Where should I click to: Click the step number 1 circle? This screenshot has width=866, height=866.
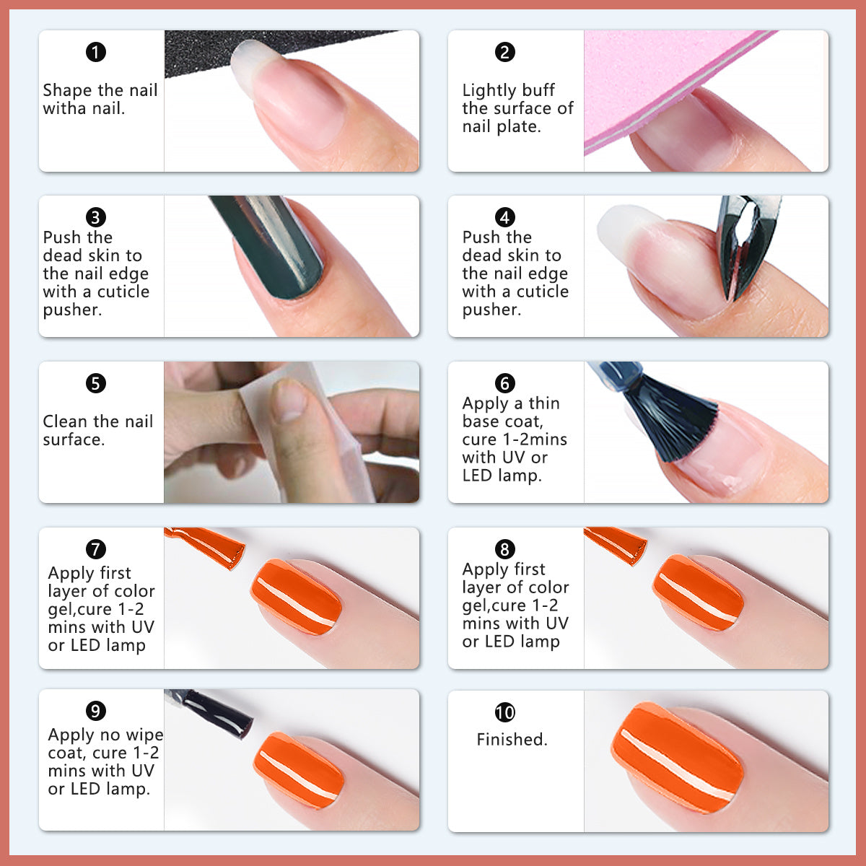pyautogui.click(x=96, y=52)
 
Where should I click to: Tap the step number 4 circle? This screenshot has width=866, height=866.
pyautogui.click(x=504, y=217)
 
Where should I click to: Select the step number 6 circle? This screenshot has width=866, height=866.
pyautogui.click(x=504, y=383)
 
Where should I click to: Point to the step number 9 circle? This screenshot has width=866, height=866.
pyautogui.click(x=96, y=711)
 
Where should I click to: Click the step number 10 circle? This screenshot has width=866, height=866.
pyautogui.click(x=504, y=713)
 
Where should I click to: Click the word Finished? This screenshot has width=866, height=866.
pyautogui.click(x=512, y=740)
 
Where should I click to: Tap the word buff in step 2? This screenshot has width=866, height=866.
pyautogui.click(x=541, y=90)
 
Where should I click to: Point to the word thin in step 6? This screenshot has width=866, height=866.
pyautogui.click(x=544, y=403)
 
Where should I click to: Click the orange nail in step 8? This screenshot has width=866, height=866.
pyautogui.click(x=697, y=592)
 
